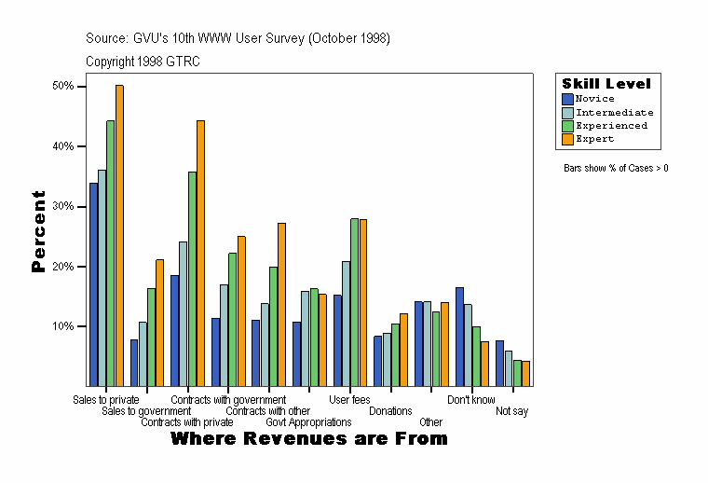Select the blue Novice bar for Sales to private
(93, 284)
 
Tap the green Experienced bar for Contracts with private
(192, 279)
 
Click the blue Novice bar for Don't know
(459, 337)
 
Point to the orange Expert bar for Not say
(525, 373)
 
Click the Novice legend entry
(594, 99)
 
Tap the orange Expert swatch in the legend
(567, 139)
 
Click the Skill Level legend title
(606, 84)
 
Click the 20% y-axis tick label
(63, 267)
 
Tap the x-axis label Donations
(390, 411)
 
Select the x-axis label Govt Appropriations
(308, 422)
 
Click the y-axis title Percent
(38, 231)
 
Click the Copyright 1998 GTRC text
(143, 62)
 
